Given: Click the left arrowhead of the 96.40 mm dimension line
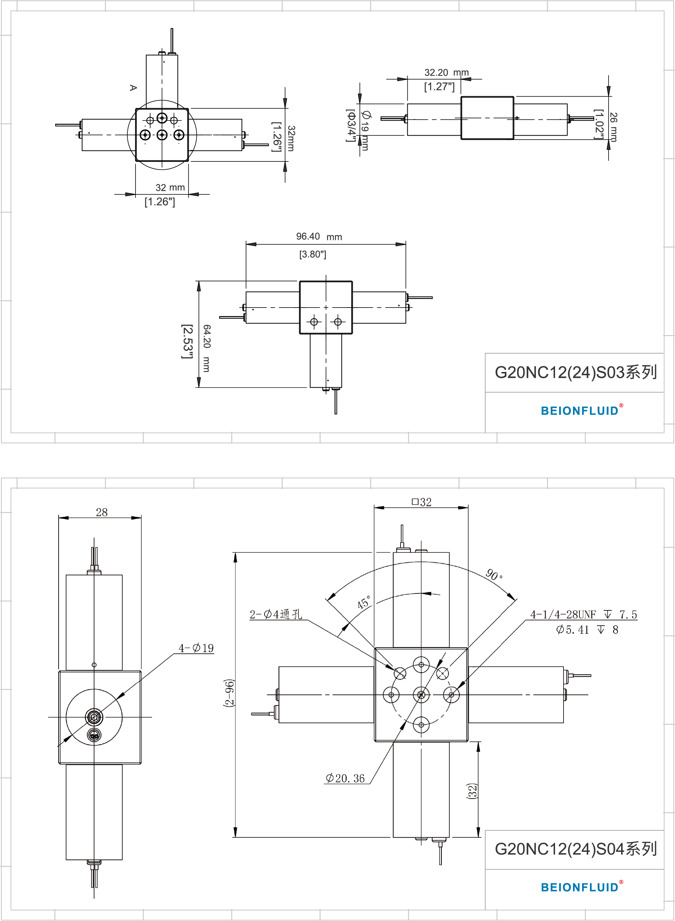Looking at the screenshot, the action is click(x=251, y=244).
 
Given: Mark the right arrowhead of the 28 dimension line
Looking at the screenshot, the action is click(x=136, y=518).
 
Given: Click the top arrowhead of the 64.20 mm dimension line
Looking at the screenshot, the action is click(x=199, y=286).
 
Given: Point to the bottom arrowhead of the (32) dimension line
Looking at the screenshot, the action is click(x=478, y=832).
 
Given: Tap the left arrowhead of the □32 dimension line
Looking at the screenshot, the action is click(x=379, y=508).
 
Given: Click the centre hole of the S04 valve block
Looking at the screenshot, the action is click(x=421, y=695).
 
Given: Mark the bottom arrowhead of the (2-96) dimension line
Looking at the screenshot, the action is click(x=236, y=832).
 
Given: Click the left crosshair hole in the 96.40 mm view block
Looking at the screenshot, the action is click(x=314, y=322).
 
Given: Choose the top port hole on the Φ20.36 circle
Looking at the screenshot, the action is click(x=421, y=665).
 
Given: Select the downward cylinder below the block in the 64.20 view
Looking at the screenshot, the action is click(x=326, y=360).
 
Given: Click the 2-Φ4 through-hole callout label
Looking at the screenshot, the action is click(x=276, y=614).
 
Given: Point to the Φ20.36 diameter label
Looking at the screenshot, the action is click(x=345, y=778).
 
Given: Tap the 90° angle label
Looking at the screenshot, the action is click(x=494, y=575).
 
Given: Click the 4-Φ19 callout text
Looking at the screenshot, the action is click(x=196, y=648).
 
